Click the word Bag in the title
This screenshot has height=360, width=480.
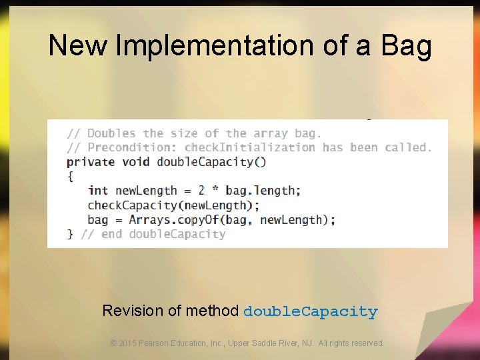[x=407, y=46]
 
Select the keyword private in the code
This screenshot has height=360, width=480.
[x=90, y=162]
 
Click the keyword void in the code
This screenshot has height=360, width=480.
[x=135, y=162]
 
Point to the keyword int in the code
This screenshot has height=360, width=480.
[x=98, y=191]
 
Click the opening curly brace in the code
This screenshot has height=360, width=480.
[x=71, y=176]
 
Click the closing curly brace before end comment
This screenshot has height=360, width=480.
[x=71, y=234]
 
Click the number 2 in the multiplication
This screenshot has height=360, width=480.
[x=201, y=191]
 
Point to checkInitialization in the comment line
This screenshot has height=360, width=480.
[x=250, y=147]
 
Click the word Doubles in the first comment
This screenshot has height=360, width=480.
[x=111, y=133]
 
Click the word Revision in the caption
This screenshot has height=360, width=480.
[x=132, y=311]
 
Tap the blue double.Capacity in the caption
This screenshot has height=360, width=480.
[x=311, y=311]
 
